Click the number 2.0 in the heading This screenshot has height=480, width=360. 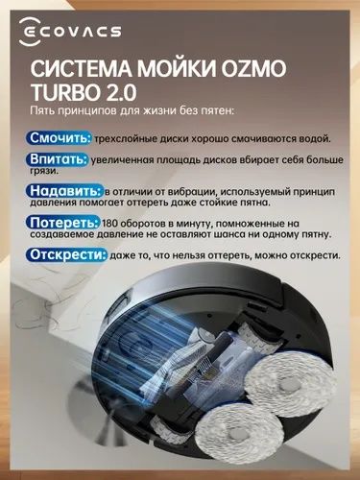click(124, 98)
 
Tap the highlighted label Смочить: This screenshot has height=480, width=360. click(60, 138)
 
